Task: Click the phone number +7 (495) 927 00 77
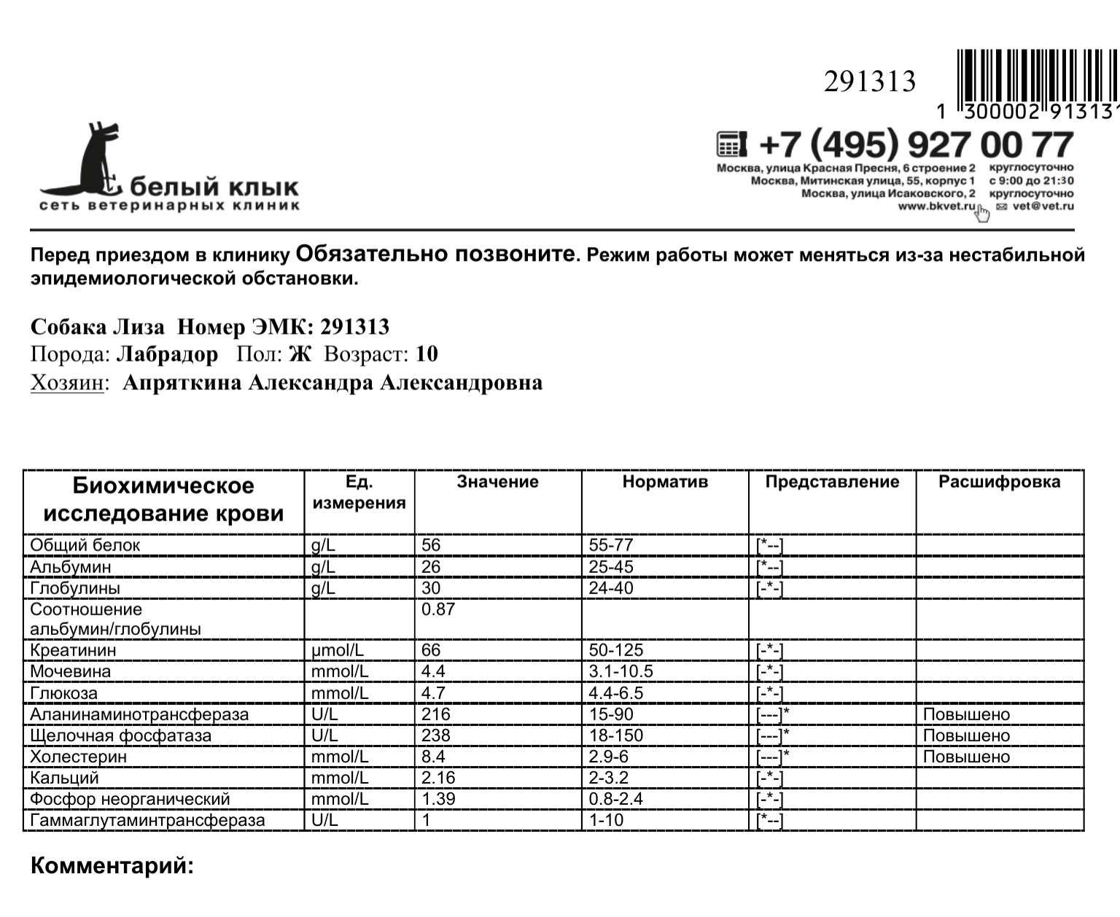[x=916, y=145]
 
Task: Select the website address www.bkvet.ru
[x=936, y=206]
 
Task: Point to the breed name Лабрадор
[x=167, y=354]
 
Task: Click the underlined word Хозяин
[x=66, y=383]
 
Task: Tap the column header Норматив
[x=665, y=482]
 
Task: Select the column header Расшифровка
[x=999, y=482]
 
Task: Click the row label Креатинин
[x=73, y=650]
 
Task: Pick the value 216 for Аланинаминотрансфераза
[x=436, y=714]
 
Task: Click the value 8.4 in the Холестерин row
[x=433, y=757]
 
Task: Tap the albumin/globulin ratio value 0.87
[x=437, y=609]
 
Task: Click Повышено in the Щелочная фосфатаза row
[x=966, y=735]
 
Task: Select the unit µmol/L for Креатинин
[x=338, y=650]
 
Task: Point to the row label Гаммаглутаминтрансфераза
[x=147, y=820]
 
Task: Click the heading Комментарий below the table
[x=112, y=867]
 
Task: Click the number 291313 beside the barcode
[x=869, y=82]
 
